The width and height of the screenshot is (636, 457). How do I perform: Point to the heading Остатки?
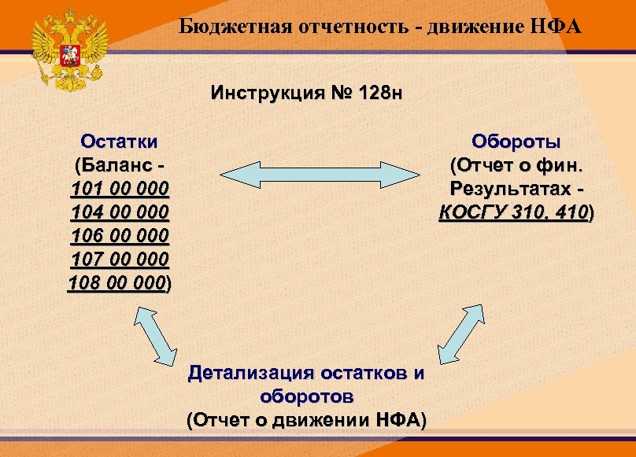(119, 142)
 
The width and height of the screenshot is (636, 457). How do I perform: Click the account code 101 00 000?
(119, 189)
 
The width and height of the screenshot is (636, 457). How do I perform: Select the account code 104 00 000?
(119, 212)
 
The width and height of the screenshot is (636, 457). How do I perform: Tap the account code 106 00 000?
(119, 236)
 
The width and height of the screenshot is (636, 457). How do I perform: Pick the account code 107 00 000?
(119, 260)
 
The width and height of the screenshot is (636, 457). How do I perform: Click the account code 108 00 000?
(117, 283)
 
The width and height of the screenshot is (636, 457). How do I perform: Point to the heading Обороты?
(516, 142)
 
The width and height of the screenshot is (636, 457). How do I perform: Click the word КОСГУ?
(471, 212)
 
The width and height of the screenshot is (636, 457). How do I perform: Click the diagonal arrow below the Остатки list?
(155, 334)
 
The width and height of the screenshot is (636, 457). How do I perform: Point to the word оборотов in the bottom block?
(306, 395)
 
